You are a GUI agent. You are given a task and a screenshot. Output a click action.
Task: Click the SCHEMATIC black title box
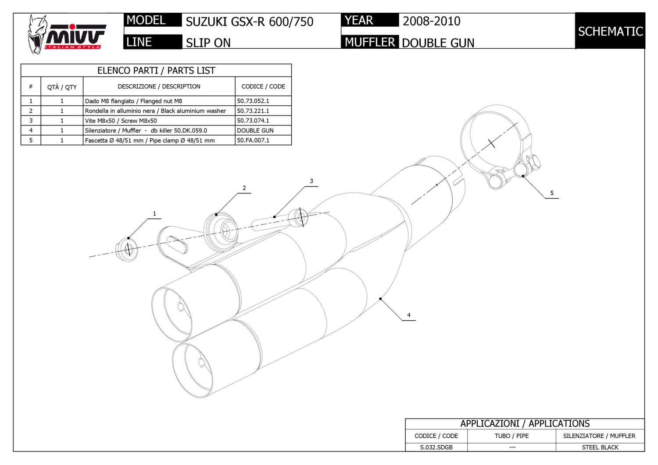click(610, 31)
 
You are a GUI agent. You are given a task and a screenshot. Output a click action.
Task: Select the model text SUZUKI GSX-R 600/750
click(249, 21)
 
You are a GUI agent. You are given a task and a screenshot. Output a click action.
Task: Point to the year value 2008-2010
click(431, 21)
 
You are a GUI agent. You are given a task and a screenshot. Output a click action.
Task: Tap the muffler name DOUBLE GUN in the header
click(438, 43)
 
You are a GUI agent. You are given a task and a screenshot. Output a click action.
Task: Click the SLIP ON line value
click(208, 43)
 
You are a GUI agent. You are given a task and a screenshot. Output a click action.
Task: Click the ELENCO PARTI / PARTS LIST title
click(156, 71)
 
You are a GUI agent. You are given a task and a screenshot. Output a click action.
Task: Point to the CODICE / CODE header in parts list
click(263, 86)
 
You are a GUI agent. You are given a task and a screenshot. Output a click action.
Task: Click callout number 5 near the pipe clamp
click(552, 193)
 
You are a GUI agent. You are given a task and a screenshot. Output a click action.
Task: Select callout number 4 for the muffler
click(409, 315)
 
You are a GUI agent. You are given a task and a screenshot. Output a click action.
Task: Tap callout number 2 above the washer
click(244, 188)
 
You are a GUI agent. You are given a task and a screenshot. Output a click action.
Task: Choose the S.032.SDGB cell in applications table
click(436, 447)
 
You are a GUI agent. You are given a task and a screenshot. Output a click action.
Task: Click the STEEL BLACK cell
click(600, 447)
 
